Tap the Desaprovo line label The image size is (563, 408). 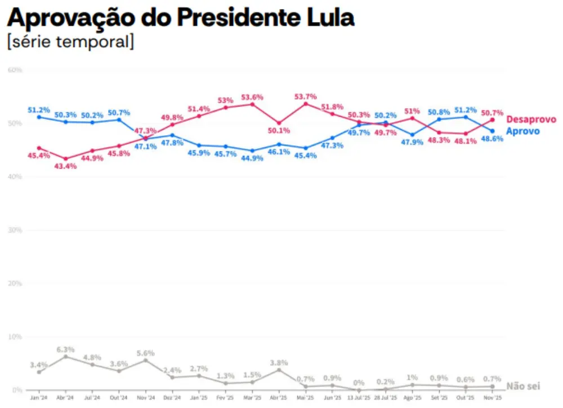click(x=531, y=119)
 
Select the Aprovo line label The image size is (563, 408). click(x=522, y=131)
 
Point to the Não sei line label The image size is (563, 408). click(x=523, y=386)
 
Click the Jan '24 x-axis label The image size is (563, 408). click(x=39, y=397)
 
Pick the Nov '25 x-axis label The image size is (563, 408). click(x=493, y=397)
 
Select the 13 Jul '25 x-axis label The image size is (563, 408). click(x=359, y=397)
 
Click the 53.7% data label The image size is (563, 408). click(x=306, y=97)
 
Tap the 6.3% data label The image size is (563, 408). click(x=66, y=350)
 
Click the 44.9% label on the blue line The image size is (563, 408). click(x=252, y=158)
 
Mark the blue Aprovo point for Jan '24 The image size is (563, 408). click(x=39, y=117)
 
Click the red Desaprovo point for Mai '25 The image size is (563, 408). click(x=306, y=104)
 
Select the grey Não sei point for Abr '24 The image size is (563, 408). click(x=66, y=356)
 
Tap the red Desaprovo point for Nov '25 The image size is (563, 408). click(x=493, y=119)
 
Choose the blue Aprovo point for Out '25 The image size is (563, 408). click(x=466, y=117)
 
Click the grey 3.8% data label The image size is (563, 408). click(x=279, y=363)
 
